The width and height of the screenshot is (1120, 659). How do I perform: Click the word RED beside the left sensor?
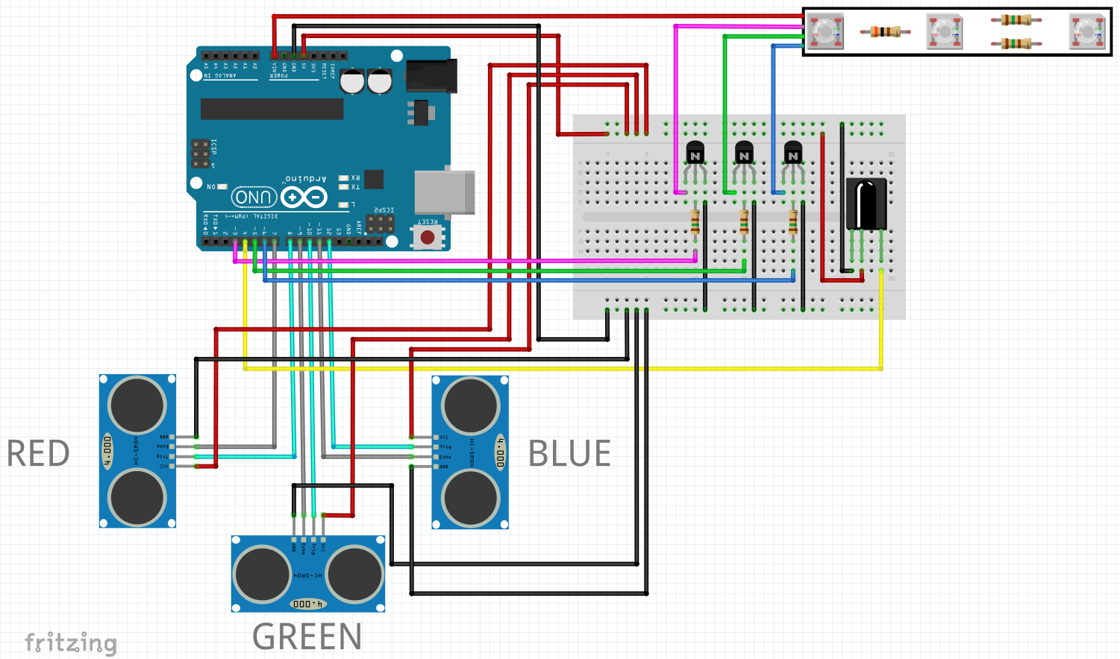(x=38, y=453)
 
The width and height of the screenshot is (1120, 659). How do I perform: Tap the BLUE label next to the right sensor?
(x=569, y=453)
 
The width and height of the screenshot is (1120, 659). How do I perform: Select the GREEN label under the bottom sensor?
(x=307, y=637)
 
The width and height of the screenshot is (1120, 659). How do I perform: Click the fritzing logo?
(x=71, y=643)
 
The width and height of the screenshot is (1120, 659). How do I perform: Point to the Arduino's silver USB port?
(x=445, y=193)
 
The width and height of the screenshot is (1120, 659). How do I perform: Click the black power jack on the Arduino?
(x=431, y=76)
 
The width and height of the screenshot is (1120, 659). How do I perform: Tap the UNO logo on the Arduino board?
(x=254, y=197)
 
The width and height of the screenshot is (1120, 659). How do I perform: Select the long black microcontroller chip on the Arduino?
(x=272, y=109)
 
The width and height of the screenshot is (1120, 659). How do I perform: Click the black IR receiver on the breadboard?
(x=866, y=204)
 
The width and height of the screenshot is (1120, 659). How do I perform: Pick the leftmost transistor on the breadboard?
(x=695, y=154)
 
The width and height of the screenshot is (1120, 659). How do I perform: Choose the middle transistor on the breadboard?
(x=744, y=154)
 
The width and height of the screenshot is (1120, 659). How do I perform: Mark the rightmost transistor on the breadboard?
(x=793, y=154)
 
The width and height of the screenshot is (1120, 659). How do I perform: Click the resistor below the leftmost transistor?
(x=695, y=221)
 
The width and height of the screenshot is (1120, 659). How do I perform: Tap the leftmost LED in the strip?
(x=826, y=32)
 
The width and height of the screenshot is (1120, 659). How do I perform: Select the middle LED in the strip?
(x=945, y=32)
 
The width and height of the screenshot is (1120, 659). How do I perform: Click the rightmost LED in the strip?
(x=1087, y=32)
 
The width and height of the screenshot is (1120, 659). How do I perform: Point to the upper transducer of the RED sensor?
(x=137, y=406)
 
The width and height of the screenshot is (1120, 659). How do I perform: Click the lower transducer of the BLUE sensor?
(x=470, y=498)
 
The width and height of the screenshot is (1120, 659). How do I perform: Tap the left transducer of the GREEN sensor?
(x=262, y=574)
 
